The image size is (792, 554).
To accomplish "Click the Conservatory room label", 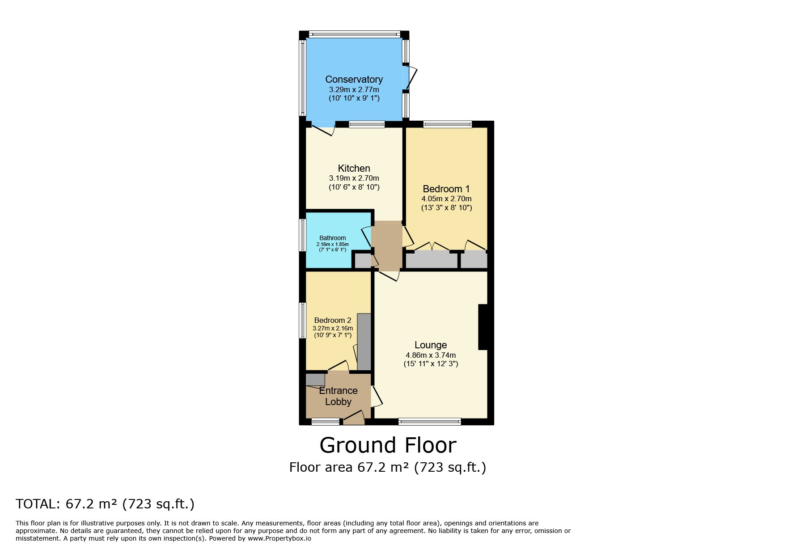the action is (x=354, y=80).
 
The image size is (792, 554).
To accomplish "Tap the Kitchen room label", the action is (x=354, y=169).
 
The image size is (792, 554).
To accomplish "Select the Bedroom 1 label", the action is (x=446, y=189).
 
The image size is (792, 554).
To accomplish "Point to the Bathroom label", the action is (x=332, y=238).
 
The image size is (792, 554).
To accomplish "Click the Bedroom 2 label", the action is (x=332, y=320).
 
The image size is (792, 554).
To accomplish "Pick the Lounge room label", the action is (x=431, y=345).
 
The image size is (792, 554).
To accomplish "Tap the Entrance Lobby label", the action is (x=338, y=396).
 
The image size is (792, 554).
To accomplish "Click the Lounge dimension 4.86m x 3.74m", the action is (x=431, y=355).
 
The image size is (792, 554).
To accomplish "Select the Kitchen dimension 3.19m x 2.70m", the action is (x=354, y=178).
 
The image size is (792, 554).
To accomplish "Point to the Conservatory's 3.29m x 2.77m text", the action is (x=354, y=89).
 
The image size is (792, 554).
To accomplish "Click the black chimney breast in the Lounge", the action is (x=483, y=327).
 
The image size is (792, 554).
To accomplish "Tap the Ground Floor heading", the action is (x=388, y=445).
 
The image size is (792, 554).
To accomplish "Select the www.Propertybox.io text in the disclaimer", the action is (x=280, y=538).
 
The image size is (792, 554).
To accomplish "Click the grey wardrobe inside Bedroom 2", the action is (x=364, y=342).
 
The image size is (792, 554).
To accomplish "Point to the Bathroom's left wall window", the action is (x=302, y=237).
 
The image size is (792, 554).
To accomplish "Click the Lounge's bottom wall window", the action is (x=429, y=421).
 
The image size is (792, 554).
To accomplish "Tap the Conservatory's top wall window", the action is (x=354, y=34).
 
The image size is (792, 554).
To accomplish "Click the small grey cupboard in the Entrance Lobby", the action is (x=315, y=380).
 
